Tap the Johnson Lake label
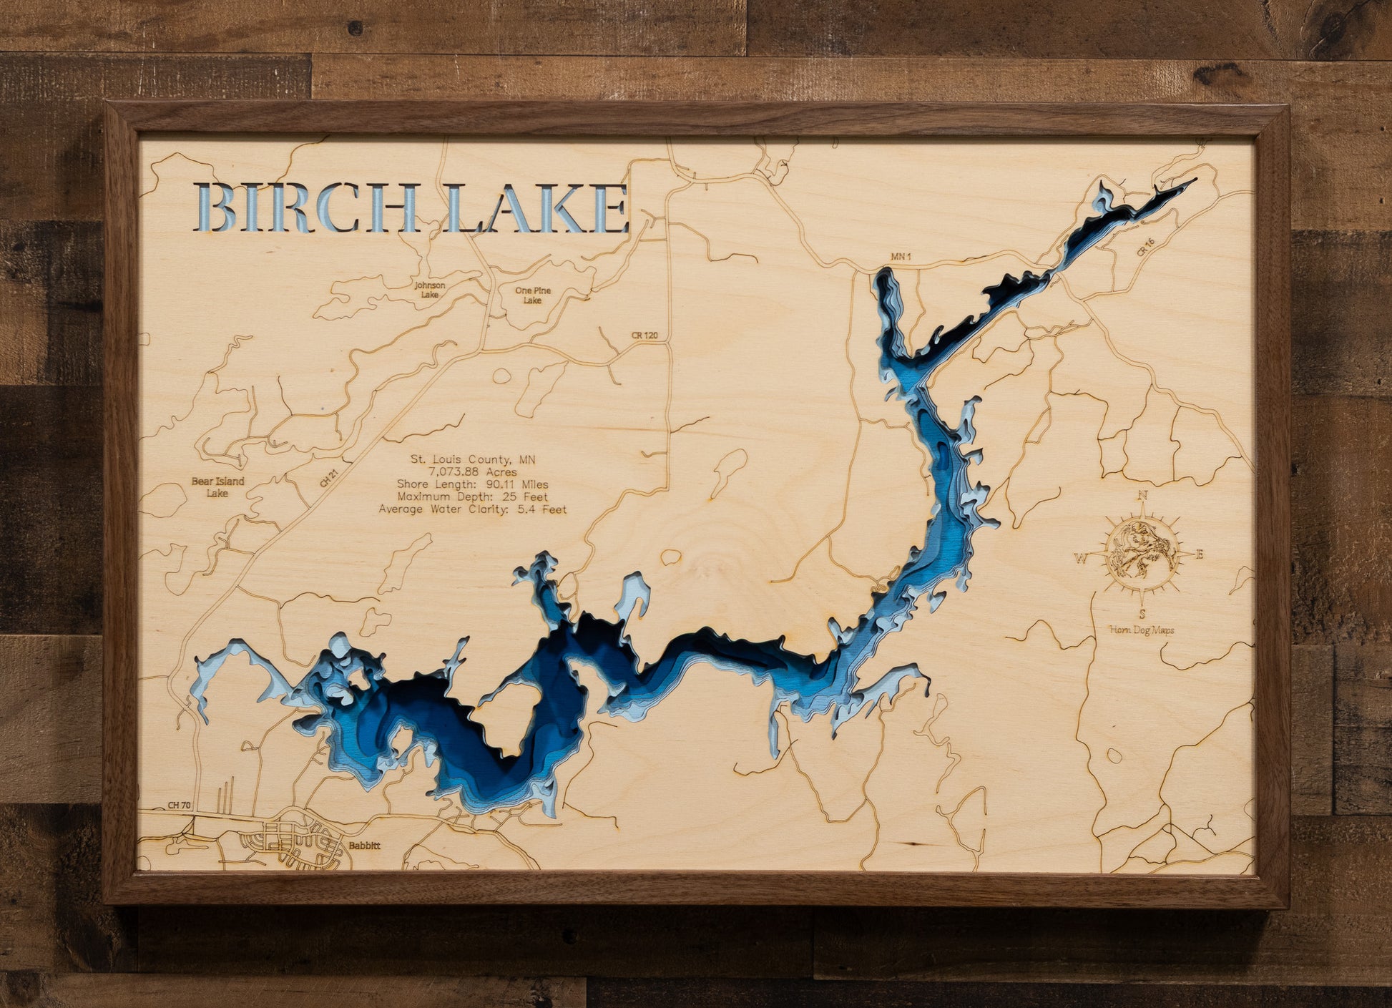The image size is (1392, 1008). (430, 290)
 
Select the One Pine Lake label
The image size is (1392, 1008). (533, 295)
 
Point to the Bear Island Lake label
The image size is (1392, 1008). (217, 486)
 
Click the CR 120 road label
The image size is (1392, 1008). (644, 335)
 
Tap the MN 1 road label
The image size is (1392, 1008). (901, 256)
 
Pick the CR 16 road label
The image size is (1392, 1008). (1145, 247)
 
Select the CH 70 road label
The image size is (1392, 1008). (179, 806)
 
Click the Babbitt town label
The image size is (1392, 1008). (364, 846)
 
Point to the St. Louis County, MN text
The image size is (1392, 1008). (472, 459)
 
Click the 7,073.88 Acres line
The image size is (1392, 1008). (472, 472)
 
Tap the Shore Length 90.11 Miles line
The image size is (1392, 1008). (472, 484)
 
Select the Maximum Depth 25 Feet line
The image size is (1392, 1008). (472, 496)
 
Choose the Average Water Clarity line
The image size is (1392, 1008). (472, 509)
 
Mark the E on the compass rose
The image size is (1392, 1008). (1200, 554)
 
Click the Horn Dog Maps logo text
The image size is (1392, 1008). (1142, 630)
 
